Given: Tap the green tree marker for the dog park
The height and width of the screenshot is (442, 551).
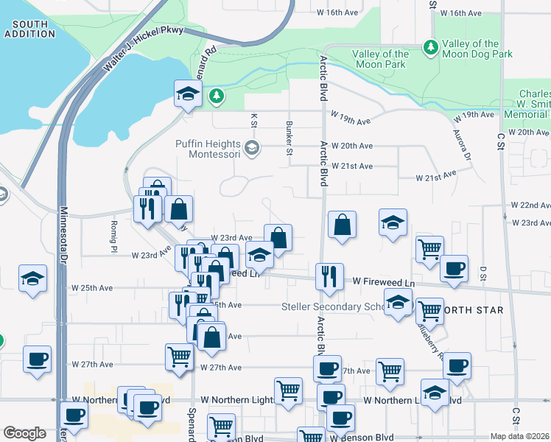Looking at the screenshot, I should coord(429,47).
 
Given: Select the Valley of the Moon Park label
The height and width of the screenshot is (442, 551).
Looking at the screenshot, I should coord(380,59).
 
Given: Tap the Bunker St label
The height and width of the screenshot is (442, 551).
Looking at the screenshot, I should coord(289,133).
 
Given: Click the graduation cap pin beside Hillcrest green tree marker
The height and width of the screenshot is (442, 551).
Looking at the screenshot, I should coord(188,93).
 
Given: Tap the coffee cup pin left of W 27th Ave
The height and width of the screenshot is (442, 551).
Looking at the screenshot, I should coord(36,359).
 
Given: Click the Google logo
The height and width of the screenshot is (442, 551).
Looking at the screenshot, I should coord(24,433).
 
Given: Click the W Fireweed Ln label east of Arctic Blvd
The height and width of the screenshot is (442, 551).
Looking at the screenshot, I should coord(384,281).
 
